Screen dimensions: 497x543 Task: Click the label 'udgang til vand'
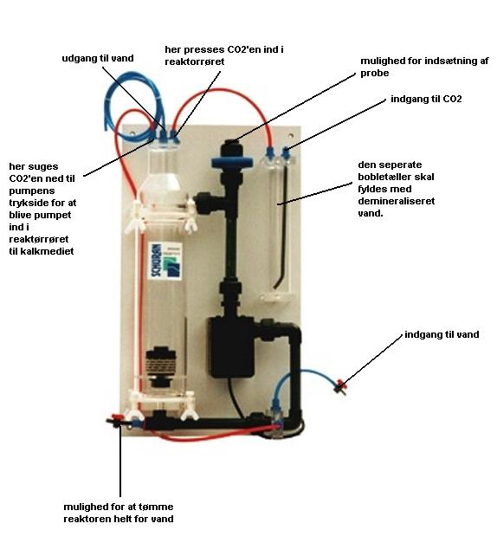tap(98, 58)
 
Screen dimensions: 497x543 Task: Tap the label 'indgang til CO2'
tap(426, 99)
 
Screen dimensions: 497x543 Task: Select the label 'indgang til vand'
tap(442, 334)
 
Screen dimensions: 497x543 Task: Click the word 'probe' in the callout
tap(374, 74)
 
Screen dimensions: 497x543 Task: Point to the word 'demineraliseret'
tap(397, 201)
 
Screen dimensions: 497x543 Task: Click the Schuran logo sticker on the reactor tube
tap(166, 260)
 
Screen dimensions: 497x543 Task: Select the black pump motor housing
tap(231, 347)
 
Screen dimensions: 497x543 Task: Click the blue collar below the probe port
tap(232, 162)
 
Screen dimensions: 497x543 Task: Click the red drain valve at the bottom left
tap(115, 419)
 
